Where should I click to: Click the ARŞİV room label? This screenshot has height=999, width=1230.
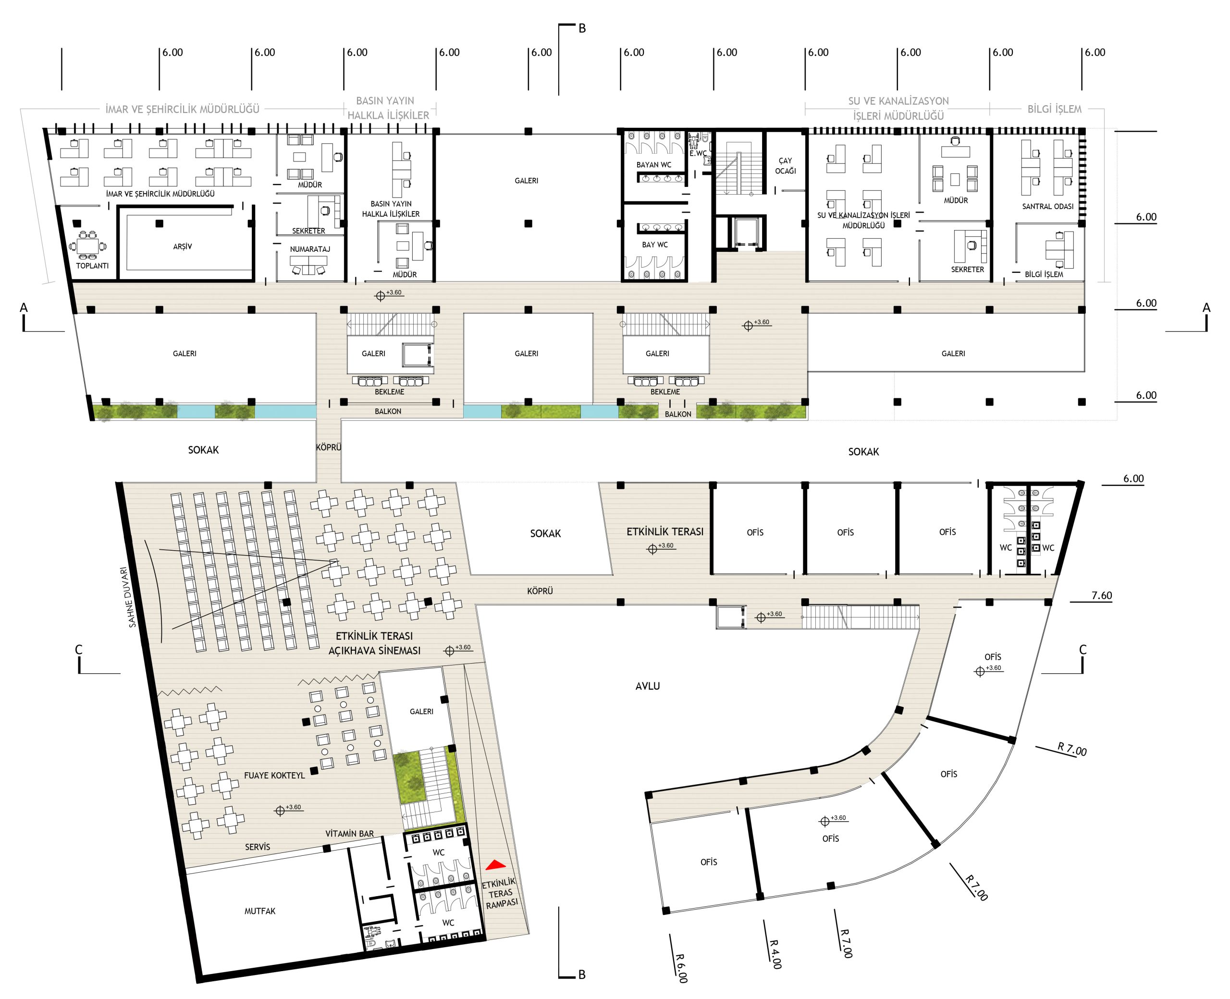pyautogui.click(x=183, y=247)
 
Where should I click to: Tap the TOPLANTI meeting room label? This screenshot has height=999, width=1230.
pyautogui.click(x=92, y=266)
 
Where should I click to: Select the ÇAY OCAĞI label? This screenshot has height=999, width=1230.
pyautogui.click(x=785, y=166)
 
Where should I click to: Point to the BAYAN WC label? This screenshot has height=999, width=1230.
pyautogui.click(x=653, y=165)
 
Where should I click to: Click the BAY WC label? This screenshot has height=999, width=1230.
pyautogui.click(x=655, y=245)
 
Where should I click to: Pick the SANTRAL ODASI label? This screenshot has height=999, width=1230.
pyautogui.click(x=1047, y=206)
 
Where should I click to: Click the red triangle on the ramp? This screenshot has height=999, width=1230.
pyautogui.click(x=495, y=864)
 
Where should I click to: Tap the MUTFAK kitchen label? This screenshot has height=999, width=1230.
pyautogui.click(x=260, y=911)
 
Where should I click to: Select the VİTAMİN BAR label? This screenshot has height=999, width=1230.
pyautogui.click(x=349, y=833)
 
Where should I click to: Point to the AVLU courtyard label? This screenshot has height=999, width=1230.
pyautogui.click(x=647, y=686)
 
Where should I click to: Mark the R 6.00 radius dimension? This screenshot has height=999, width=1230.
pyautogui.click(x=681, y=968)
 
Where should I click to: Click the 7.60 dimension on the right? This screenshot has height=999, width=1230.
pyautogui.click(x=1102, y=595)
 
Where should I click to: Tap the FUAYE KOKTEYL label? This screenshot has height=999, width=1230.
pyautogui.click(x=274, y=775)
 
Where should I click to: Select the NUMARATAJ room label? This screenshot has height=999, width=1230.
pyautogui.click(x=310, y=249)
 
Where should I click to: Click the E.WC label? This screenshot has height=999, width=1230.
pyautogui.click(x=698, y=153)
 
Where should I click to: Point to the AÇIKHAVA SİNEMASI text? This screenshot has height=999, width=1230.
pyautogui.click(x=374, y=650)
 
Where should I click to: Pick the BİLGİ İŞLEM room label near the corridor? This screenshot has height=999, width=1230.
pyautogui.click(x=1044, y=274)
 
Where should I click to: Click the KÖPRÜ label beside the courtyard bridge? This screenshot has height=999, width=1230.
pyautogui.click(x=540, y=591)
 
